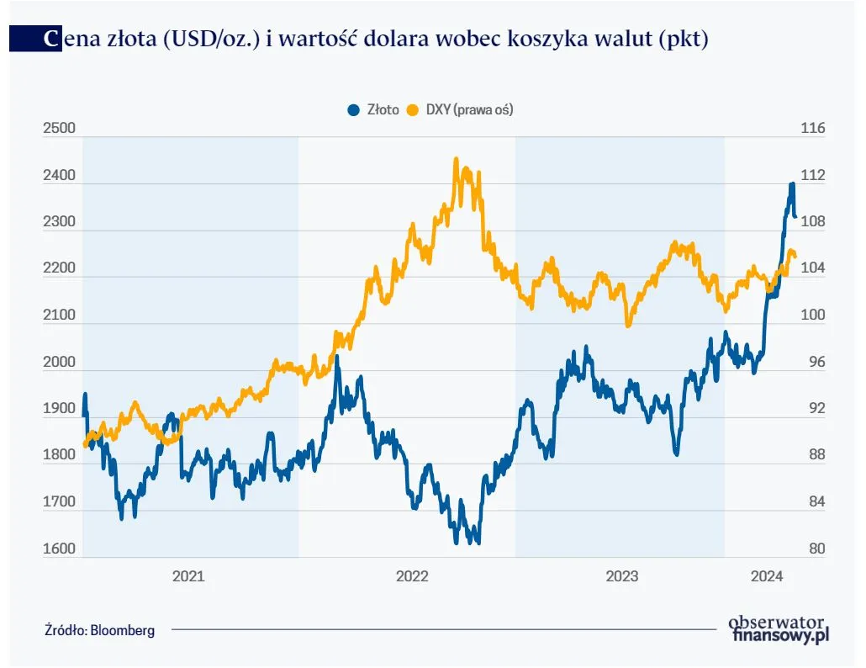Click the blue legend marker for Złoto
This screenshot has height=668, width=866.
(x=352, y=110)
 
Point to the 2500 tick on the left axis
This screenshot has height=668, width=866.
(x=59, y=129)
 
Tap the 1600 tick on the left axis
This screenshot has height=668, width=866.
(x=59, y=549)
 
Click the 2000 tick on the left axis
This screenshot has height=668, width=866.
(x=59, y=363)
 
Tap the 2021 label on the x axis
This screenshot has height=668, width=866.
(x=188, y=576)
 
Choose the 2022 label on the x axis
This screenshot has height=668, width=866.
(x=412, y=576)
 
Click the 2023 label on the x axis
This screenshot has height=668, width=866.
(x=621, y=576)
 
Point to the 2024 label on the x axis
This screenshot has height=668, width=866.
(x=767, y=576)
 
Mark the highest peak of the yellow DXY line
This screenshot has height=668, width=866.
(x=456, y=158)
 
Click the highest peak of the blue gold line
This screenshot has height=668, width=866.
(x=792, y=184)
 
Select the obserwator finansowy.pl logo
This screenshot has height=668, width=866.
(x=779, y=628)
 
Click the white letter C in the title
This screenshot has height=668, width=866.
(x=52, y=39)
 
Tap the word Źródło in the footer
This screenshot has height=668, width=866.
(x=66, y=629)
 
